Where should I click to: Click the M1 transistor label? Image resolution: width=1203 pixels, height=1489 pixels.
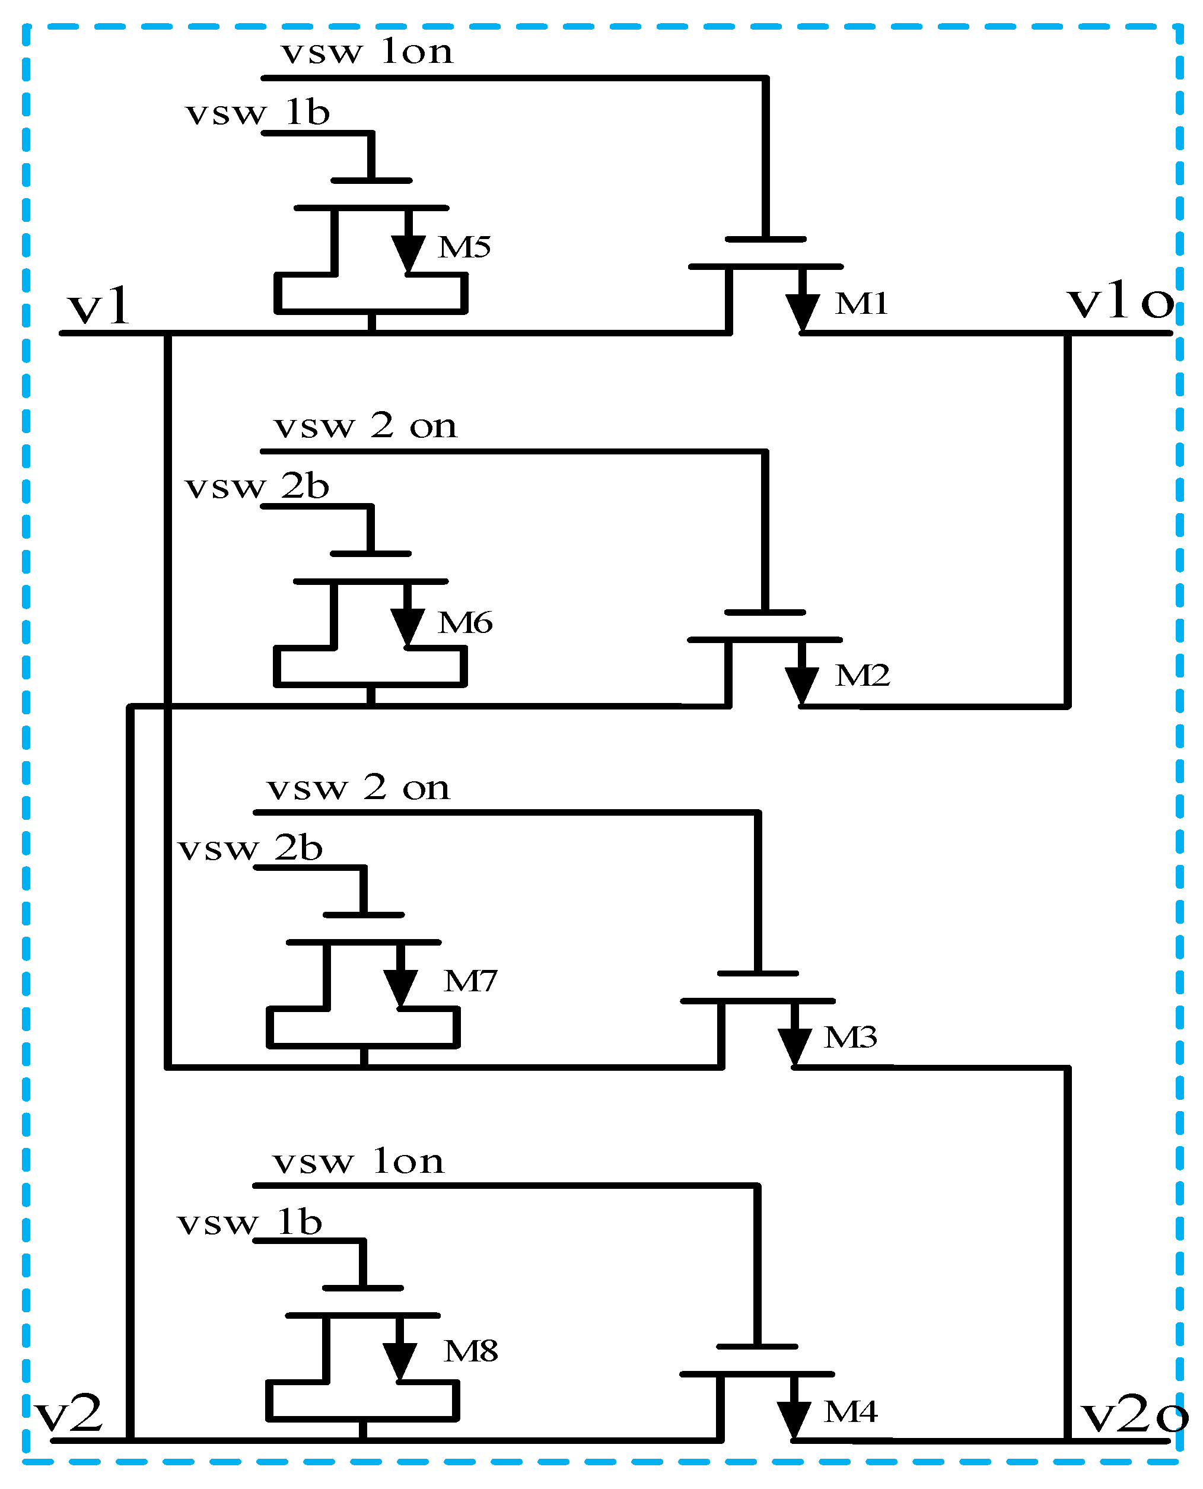tap(861, 304)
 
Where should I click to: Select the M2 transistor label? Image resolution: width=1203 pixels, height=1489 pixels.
tap(862, 676)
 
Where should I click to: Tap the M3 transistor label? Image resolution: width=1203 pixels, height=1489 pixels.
tap(850, 1037)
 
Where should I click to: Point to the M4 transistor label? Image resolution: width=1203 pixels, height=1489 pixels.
tap(850, 1411)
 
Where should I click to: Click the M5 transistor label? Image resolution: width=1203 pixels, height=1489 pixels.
tap(464, 247)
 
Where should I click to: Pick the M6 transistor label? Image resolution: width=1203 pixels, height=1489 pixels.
tap(465, 623)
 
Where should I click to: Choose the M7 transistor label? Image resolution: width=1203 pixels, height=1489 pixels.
tap(470, 981)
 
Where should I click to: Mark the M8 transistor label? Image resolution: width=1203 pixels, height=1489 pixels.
tap(470, 1351)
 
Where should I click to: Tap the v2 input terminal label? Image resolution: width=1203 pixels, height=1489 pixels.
tap(69, 1414)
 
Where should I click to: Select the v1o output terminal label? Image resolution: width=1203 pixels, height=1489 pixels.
tap(1121, 302)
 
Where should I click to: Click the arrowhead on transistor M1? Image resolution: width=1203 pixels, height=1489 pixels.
tap(803, 312)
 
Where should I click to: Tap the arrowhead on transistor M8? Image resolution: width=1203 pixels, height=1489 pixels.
tap(400, 1360)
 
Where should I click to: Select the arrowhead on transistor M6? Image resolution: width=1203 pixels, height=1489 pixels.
tap(408, 626)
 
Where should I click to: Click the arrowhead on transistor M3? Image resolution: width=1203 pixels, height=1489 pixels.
tap(794, 1045)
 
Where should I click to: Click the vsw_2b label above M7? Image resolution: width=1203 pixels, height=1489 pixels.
tap(250, 849)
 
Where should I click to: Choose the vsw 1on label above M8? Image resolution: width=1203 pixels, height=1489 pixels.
tap(358, 1162)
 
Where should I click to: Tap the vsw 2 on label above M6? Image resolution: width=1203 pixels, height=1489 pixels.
tap(365, 426)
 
